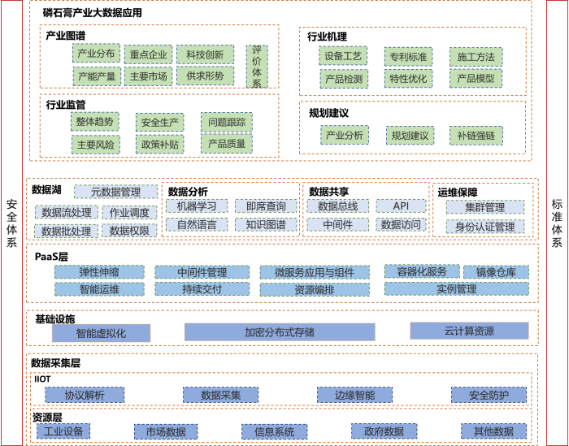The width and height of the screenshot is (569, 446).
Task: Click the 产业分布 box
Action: (96, 54)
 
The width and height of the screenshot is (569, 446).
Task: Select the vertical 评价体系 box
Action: (257, 66)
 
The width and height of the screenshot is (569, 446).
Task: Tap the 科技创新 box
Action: (205, 54)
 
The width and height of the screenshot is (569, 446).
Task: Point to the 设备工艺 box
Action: (343, 56)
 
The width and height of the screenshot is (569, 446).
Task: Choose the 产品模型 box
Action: (476, 78)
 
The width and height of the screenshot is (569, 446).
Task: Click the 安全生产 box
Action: (159, 123)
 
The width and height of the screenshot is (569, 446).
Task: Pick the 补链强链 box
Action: (476, 135)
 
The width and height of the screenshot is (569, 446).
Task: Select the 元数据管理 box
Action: (116, 192)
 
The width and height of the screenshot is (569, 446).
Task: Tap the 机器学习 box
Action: (197, 206)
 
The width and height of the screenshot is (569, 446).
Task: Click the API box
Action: (400, 206)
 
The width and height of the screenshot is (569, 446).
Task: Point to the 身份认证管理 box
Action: (484, 227)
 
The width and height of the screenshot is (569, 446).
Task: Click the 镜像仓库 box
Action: (496, 272)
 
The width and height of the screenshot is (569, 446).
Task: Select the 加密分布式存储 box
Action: (280, 331)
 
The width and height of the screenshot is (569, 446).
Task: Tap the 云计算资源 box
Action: (469, 331)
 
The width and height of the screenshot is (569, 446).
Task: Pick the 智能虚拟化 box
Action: (102, 333)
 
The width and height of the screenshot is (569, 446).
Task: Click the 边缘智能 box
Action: (354, 395)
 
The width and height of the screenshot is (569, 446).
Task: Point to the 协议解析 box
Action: (85, 395)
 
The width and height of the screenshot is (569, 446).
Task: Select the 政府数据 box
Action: (378, 431)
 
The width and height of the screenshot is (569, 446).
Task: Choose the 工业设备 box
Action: (63, 431)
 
